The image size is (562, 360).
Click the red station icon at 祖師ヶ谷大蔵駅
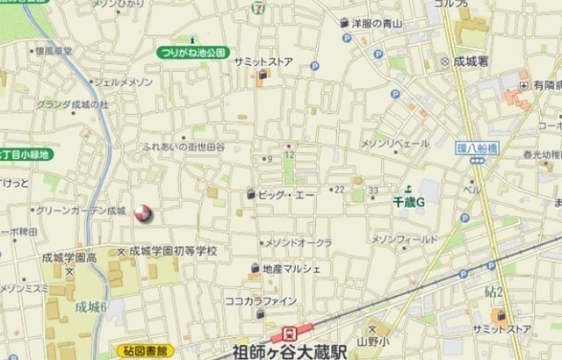click(x=286, y=334)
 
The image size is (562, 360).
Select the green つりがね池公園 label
click(x=193, y=54)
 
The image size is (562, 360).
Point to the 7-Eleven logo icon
click(x=256, y=8)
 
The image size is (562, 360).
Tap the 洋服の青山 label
click(x=376, y=24)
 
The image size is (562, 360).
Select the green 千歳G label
click(x=408, y=201)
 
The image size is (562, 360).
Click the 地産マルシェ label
click(x=292, y=268)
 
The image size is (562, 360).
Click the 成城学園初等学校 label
click(x=173, y=251)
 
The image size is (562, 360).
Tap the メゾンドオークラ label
click(x=299, y=241)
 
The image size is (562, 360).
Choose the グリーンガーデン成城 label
click(x=81, y=211)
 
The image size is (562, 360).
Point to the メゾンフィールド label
click(x=404, y=239)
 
